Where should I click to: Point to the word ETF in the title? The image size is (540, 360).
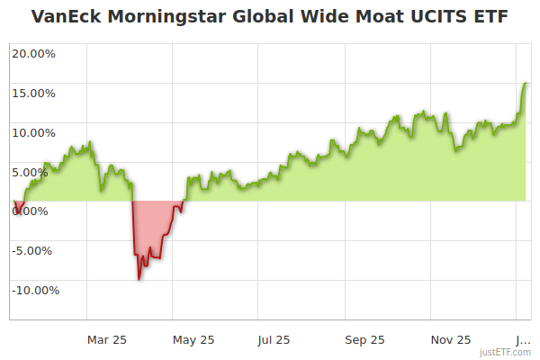tap(491, 16)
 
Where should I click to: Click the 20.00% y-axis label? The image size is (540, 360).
tap(33, 53)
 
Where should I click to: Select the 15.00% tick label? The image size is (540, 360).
tap(33, 93)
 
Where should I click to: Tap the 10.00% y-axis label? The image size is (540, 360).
tap(33, 132)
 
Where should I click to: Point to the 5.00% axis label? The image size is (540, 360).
tap(37, 172)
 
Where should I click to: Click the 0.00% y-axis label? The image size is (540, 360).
tap(37, 211)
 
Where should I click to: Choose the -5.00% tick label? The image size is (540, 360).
tap(35, 251)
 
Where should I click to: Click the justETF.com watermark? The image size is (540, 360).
tap(505, 353)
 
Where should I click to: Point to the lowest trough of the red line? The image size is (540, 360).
tap(139, 279)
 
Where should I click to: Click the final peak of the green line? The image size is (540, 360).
tap(525, 83)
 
